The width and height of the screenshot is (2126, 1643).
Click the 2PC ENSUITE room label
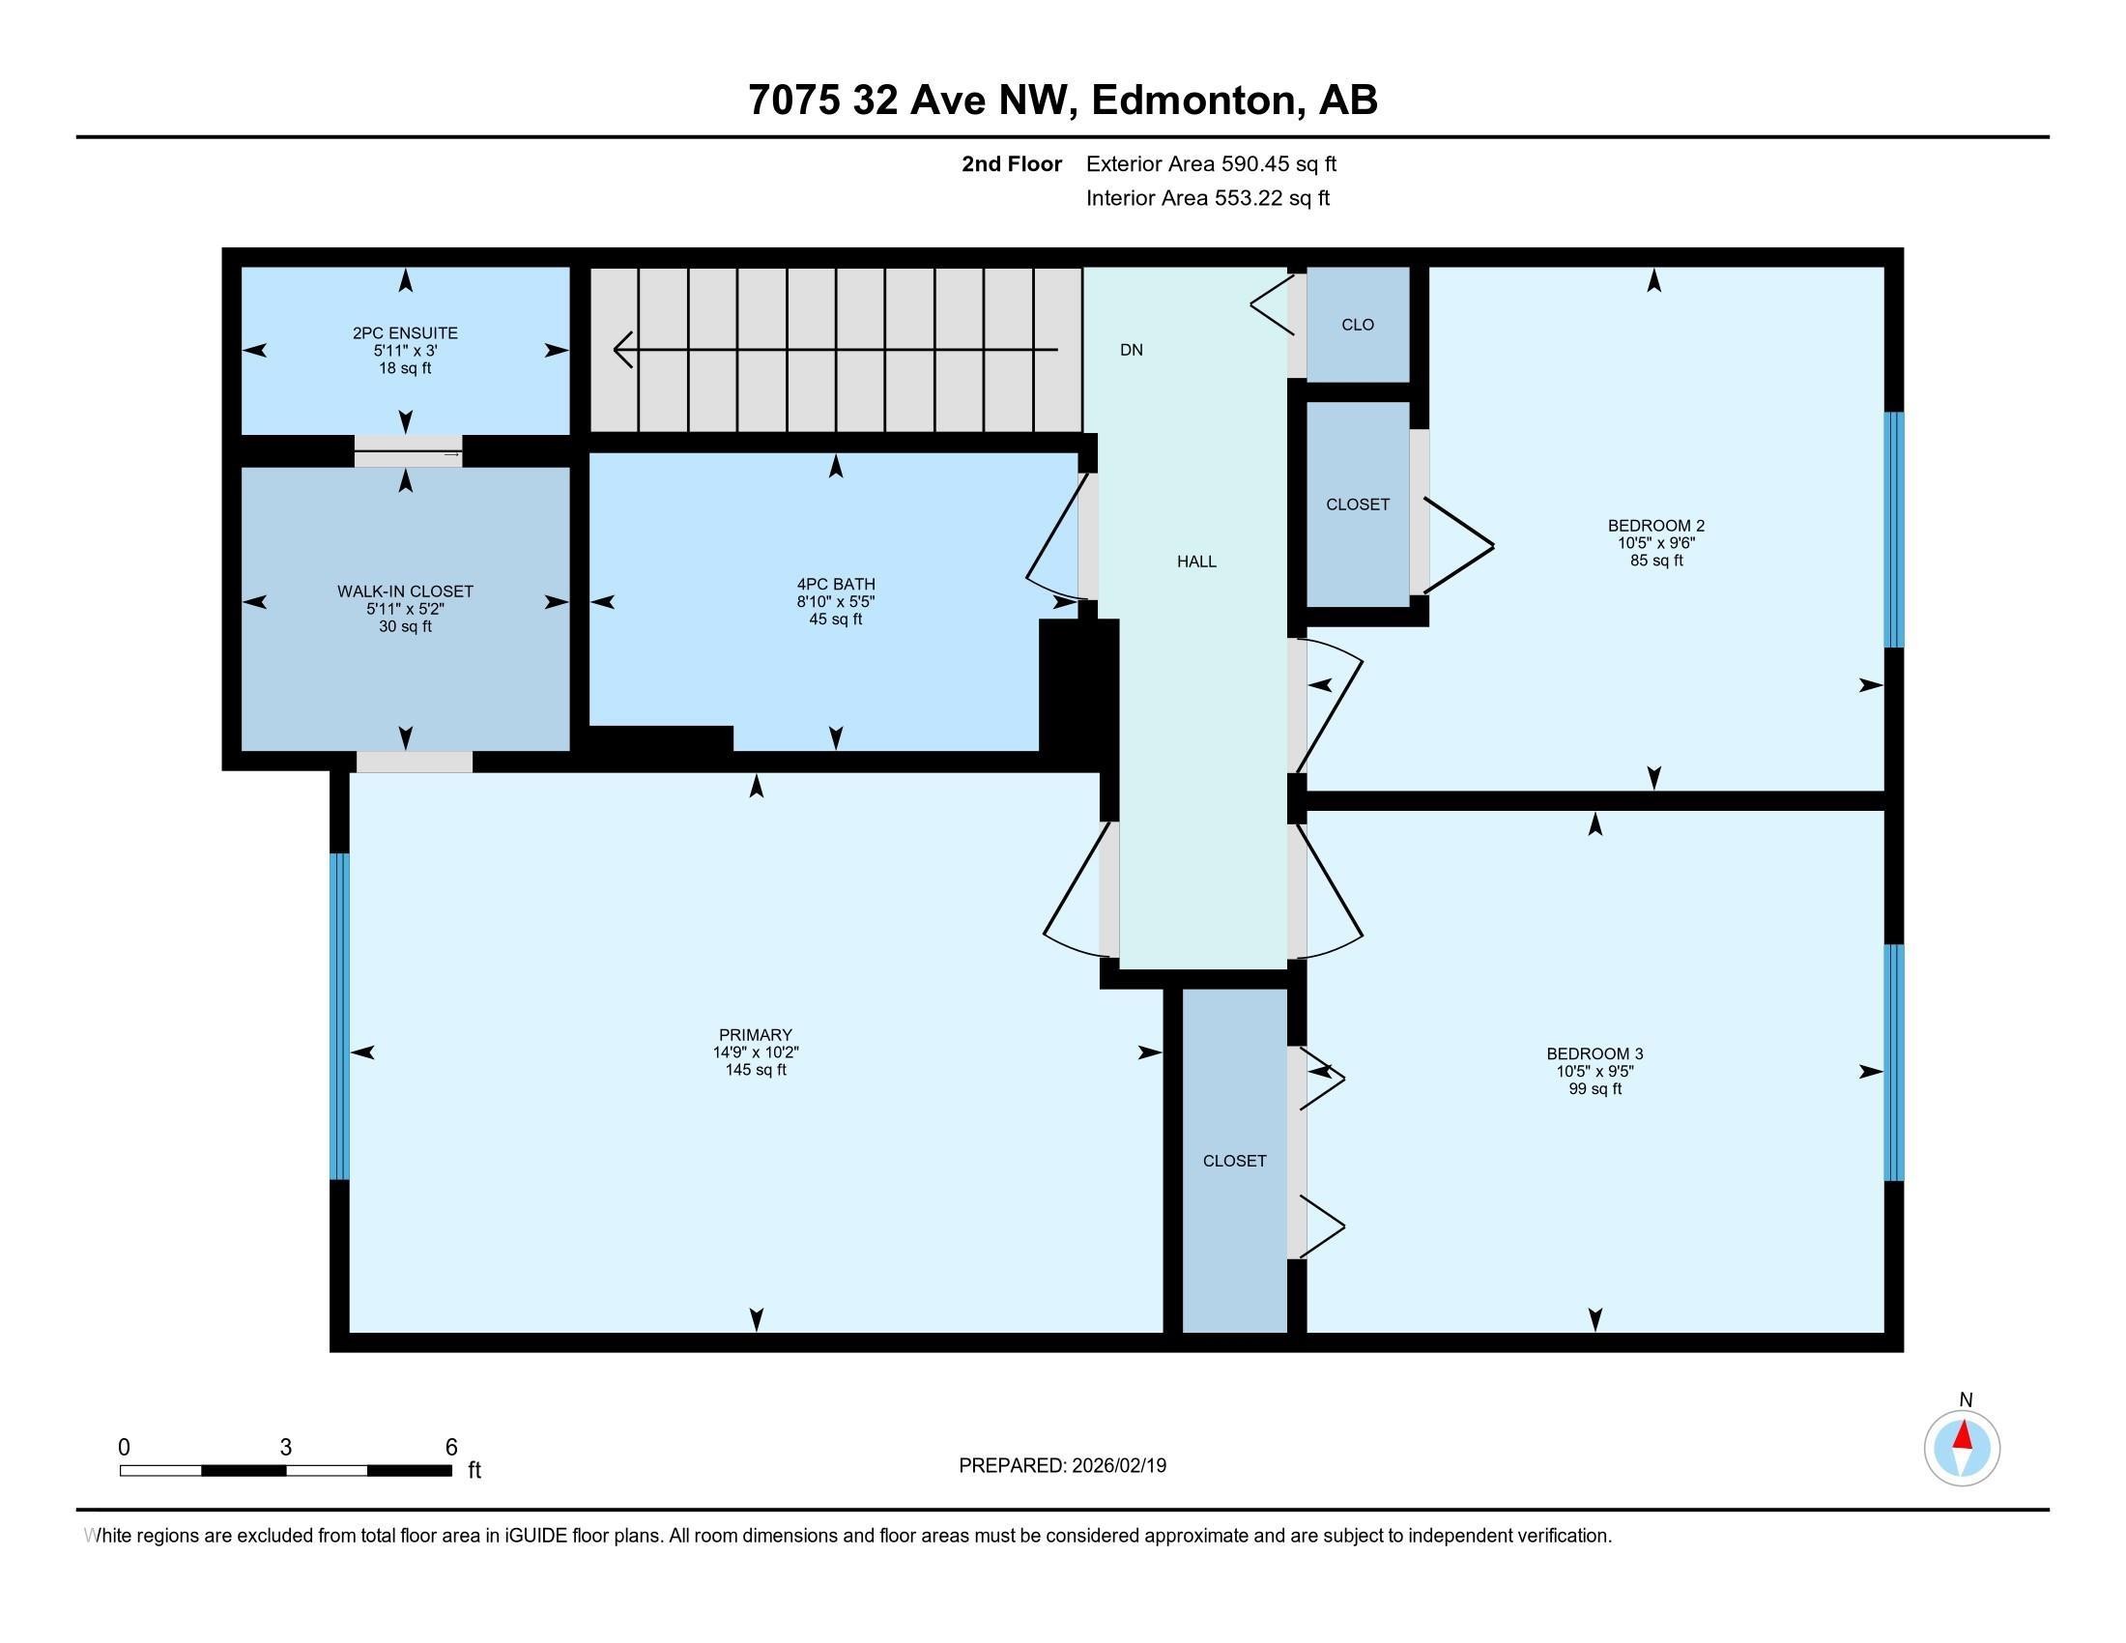coord(405,332)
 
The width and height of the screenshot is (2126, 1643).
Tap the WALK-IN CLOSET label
coord(405,591)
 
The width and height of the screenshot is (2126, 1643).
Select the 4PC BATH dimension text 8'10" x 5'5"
coord(835,601)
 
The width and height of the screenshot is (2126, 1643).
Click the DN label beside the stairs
coord(1132,351)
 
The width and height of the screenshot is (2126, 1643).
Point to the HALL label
coord(1196,562)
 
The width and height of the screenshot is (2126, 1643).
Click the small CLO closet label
coord(1357,325)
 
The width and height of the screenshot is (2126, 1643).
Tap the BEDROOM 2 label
coord(1655,527)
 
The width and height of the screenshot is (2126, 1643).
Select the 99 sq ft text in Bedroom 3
coord(1594,1089)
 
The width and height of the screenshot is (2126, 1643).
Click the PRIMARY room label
coord(756,1035)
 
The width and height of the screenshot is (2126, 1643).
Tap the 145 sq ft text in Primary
coord(756,1070)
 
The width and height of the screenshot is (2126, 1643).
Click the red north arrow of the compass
coord(1964,1435)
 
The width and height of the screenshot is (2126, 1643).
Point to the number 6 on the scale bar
coord(450,1448)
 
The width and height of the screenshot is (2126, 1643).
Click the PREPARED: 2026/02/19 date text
coord(1062,1466)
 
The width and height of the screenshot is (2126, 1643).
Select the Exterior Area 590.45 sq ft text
coord(1211,164)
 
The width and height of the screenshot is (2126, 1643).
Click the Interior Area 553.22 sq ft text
coord(1207,198)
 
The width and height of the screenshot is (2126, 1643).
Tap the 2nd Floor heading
coord(1012,164)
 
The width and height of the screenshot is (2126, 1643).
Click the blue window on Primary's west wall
coord(339,1016)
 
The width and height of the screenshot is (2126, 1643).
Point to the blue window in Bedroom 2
coord(1893,530)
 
